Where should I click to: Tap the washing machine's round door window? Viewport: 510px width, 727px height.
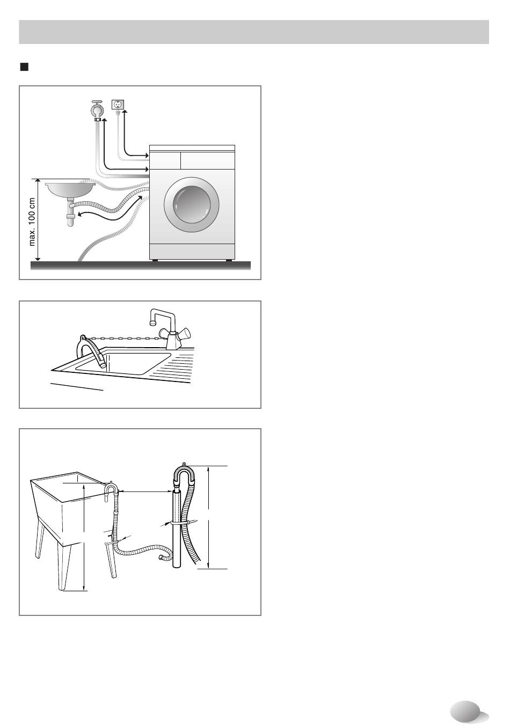(192, 204)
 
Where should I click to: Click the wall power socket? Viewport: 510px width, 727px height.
(118, 105)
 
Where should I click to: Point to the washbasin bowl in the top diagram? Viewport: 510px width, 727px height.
(70, 189)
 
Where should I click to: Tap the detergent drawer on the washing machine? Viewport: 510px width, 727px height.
(165, 160)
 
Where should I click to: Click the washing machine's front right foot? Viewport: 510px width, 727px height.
(229, 260)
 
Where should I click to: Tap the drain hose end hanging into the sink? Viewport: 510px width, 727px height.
(103, 365)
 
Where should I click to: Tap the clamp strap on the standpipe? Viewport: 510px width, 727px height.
(180, 523)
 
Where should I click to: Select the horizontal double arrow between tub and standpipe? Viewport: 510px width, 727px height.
(145, 491)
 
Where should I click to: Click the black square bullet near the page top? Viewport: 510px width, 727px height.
(24, 67)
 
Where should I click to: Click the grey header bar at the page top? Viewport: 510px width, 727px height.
(254, 32)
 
